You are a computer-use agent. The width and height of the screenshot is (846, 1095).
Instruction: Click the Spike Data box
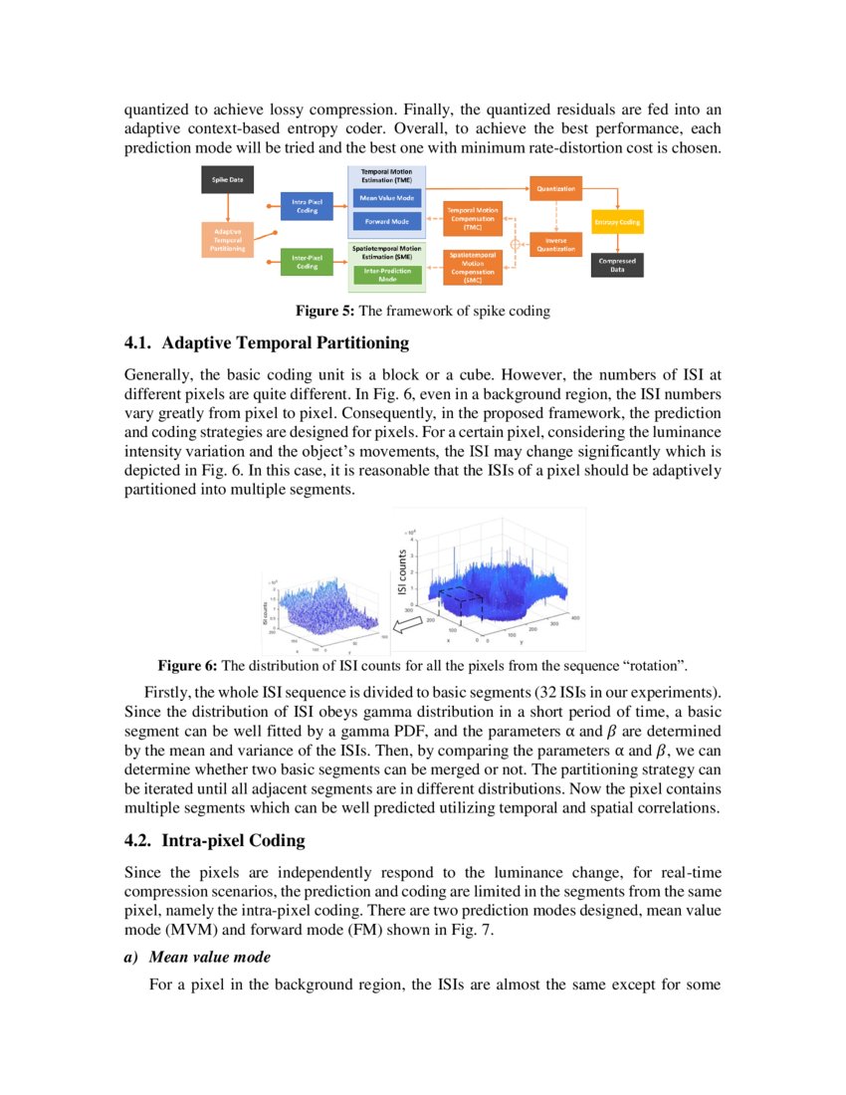[228, 180]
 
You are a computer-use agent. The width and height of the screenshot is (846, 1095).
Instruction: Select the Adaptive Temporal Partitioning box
[228, 239]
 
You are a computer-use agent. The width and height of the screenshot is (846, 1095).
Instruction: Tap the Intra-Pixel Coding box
[307, 206]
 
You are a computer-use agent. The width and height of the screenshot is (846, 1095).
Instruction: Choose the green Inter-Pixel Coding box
[307, 262]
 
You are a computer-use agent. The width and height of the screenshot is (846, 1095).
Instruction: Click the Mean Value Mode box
[387, 199]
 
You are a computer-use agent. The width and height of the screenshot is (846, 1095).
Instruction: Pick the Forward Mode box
[387, 221]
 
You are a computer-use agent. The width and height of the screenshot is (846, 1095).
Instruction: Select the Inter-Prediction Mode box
[387, 275]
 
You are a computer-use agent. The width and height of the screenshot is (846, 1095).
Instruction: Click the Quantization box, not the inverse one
[554, 187]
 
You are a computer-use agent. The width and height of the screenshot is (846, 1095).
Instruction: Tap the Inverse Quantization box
[554, 245]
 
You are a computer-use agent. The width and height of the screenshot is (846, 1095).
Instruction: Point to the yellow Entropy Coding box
[617, 222]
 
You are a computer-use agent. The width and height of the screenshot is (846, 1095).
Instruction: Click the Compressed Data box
[617, 265]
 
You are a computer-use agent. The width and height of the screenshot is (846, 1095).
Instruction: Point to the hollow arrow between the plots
[405, 626]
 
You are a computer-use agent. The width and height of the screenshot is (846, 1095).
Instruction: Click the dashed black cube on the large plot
[461, 601]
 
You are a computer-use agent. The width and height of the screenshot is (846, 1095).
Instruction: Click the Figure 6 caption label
[187, 665]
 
